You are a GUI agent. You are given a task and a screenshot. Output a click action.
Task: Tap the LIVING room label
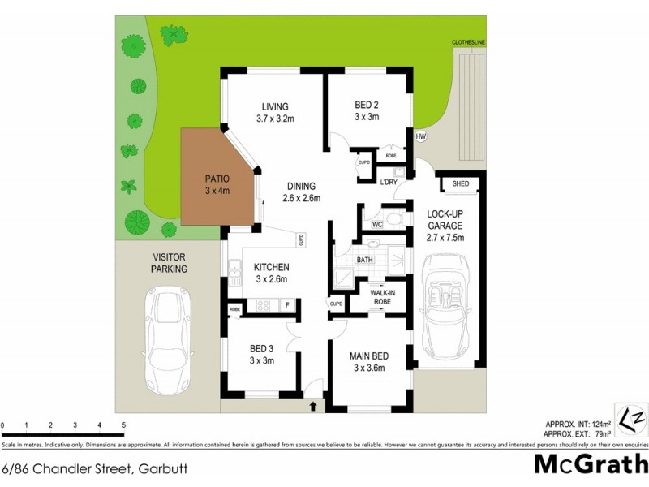tap(274, 107)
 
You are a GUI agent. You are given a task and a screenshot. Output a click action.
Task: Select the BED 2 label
tap(367, 105)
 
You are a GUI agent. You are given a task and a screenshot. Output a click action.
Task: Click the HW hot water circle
tap(420, 136)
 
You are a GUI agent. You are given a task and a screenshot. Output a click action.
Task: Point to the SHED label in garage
tap(460, 184)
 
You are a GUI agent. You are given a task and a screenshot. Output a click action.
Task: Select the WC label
tap(376, 223)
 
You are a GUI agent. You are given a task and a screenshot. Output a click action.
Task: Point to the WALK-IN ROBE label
tap(381, 296)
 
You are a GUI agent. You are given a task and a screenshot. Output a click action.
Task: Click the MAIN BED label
tap(368, 356)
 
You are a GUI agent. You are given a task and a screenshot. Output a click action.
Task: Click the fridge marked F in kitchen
tap(286, 305)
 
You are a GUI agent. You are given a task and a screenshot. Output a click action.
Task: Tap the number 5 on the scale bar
tap(123, 425)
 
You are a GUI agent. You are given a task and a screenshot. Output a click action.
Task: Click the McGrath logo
tap(591, 464)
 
